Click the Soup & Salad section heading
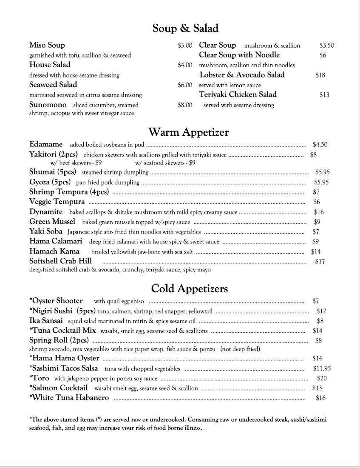click(185, 29)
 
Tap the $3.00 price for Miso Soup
click(185, 45)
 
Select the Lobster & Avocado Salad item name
click(242, 75)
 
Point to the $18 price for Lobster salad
click(320, 75)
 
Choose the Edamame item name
click(46, 144)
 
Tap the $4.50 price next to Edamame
click(320, 145)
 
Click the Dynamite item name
click(46, 212)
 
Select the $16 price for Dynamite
click(319, 212)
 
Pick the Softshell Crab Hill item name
click(60, 261)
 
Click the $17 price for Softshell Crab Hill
click(320, 262)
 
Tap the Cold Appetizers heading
click(190, 289)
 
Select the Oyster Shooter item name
click(56, 301)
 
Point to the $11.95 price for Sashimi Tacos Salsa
click(322, 369)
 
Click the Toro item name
click(39, 378)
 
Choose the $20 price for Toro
click(322, 378)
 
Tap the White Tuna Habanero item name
click(69, 398)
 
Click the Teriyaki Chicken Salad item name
click(238, 94)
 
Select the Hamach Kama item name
click(54, 251)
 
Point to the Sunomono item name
click(48, 105)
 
